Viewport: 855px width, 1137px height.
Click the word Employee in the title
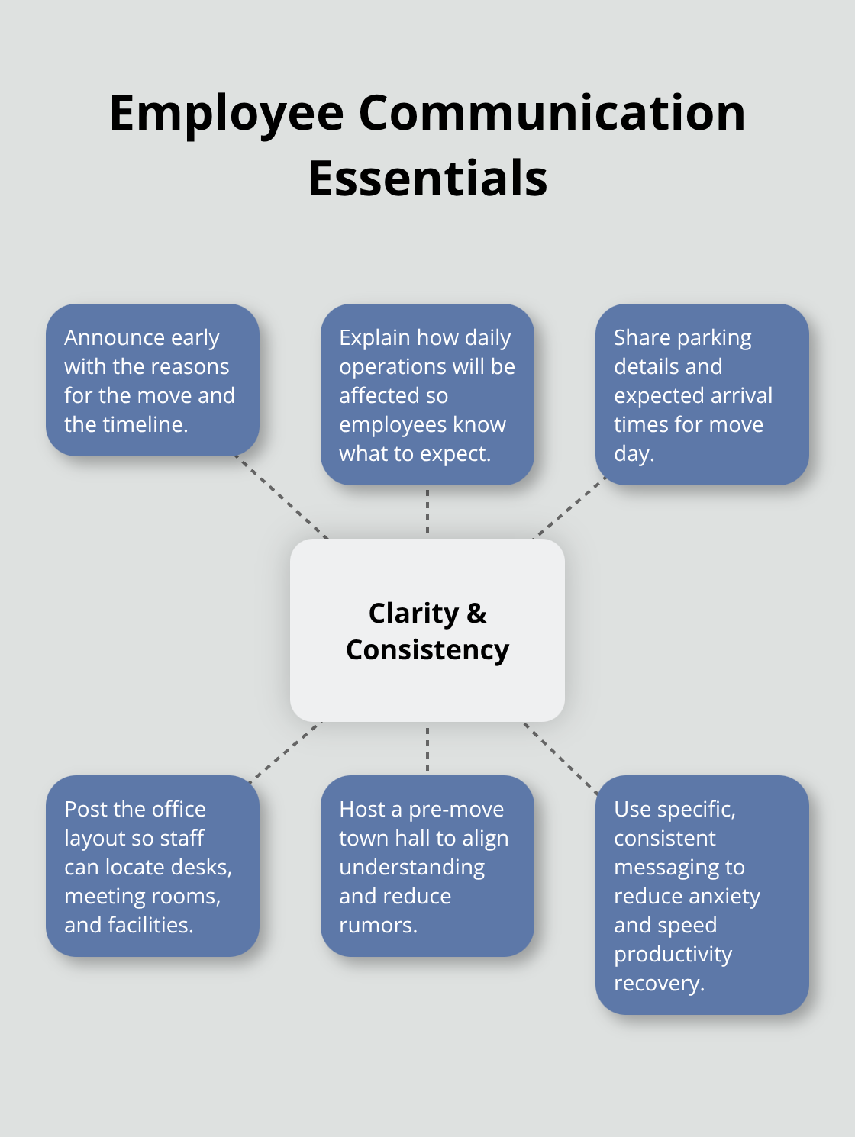pos(227,113)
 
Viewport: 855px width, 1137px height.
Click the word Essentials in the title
pos(427,179)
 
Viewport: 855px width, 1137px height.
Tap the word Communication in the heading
pos(551,113)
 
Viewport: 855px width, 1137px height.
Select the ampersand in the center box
pos(476,613)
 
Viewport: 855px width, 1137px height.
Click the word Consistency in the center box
pos(427,650)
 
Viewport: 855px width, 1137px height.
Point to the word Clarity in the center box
pos(413,613)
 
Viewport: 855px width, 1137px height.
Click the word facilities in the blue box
pos(150,925)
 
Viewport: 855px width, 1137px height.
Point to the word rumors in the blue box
pos(377,925)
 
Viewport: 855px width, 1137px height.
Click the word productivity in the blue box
pos(673,955)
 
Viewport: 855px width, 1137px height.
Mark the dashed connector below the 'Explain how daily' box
pos(427,511)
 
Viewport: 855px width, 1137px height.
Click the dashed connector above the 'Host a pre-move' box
pos(427,749)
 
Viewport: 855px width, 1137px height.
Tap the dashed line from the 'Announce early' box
pos(281,497)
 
